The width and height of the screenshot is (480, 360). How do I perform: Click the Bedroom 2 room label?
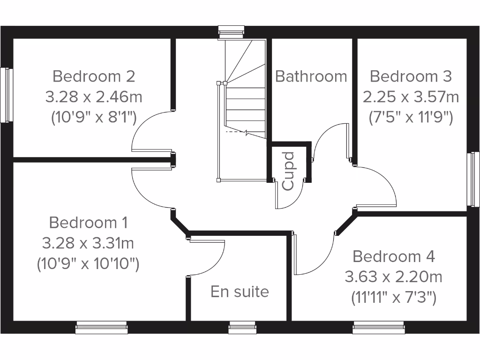[94, 75]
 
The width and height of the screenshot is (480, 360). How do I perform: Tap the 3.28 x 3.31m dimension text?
[88, 243]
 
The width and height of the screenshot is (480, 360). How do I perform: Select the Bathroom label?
[311, 76]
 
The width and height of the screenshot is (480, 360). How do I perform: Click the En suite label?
[240, 292]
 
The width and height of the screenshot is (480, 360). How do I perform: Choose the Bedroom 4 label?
[394, 256]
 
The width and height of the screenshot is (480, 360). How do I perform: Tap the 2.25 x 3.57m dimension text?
[411, 97]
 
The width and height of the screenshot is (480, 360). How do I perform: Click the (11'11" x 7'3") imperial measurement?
[394, 297]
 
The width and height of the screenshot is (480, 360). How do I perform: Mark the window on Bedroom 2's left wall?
[6, 95]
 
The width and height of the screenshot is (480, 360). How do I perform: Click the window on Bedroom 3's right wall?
[474, 179]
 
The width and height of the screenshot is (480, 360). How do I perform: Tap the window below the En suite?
[242, 327]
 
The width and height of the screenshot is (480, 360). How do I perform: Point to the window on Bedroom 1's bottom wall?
[101, 327]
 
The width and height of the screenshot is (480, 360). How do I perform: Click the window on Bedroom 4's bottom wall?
[379, 327]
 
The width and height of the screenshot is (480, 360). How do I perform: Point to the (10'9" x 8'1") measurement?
[94, 118]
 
